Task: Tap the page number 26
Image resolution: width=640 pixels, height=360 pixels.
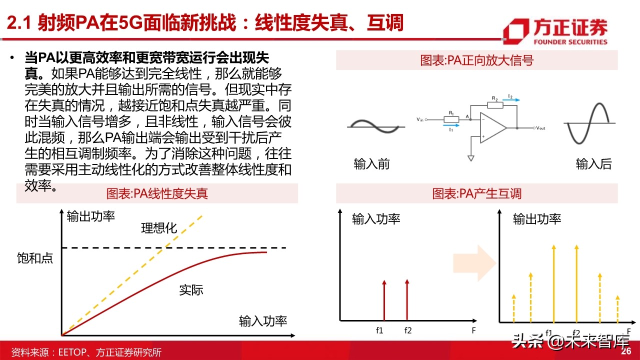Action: [626, 351]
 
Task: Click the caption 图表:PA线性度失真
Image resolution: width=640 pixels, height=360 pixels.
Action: [157, 193]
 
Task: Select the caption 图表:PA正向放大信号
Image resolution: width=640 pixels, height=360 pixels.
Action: [476, 61]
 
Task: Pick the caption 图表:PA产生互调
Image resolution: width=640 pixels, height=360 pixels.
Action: [476, 193]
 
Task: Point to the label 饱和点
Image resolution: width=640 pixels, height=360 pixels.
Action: [34, 258]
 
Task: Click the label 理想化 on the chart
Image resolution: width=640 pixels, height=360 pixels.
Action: [159, 228]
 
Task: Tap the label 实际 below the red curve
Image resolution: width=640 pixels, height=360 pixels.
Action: [191, 290]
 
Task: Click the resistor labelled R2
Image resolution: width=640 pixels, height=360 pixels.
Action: [494, 105]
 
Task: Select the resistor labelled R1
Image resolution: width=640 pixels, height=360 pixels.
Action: [450, 119]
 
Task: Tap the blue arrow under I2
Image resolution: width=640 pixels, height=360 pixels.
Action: [511, 100]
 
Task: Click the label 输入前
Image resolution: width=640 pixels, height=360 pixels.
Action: [371, 164]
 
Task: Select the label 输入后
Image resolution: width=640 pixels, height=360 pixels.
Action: [593, 164]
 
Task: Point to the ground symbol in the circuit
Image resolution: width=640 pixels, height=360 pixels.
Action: [470, 158]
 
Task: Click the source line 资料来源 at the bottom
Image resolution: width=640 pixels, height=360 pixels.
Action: [86, 352]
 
